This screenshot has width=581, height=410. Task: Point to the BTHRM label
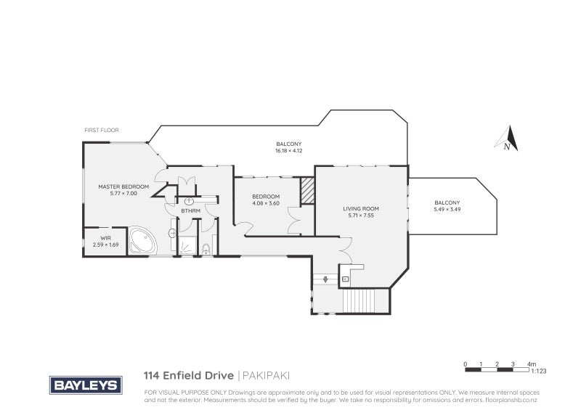point(191,211)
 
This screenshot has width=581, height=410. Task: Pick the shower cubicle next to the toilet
point(188,245)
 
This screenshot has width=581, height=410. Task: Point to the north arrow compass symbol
point(510,138)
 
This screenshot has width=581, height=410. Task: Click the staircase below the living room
point(365,298)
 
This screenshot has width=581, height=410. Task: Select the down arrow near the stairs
point(325,279)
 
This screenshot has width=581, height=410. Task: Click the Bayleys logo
point(85,385)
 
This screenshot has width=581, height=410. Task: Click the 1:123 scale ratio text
point(538,372)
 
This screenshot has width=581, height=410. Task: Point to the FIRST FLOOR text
point(102,130)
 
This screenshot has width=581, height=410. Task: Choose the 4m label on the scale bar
point(532,363)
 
